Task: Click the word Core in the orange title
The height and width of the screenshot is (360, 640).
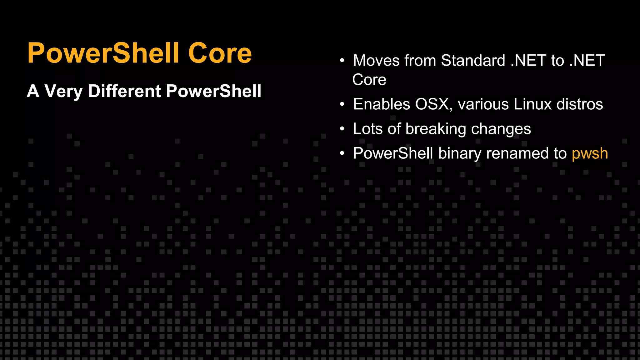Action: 220,53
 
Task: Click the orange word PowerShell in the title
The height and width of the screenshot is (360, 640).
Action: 103,53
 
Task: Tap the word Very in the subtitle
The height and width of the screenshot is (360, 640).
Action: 63,91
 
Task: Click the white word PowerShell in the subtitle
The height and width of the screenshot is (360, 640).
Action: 213,91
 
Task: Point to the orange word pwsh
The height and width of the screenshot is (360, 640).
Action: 590,153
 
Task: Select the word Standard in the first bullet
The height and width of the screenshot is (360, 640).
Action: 473,60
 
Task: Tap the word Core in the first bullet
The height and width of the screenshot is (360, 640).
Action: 369,80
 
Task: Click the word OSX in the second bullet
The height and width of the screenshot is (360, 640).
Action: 433,104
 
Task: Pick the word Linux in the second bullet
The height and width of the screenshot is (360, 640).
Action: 532,104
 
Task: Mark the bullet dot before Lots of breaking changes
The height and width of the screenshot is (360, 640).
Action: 342,129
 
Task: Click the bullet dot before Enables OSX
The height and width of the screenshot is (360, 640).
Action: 342,104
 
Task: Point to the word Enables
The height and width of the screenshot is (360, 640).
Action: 382,104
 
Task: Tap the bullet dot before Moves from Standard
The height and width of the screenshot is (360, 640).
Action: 342,61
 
